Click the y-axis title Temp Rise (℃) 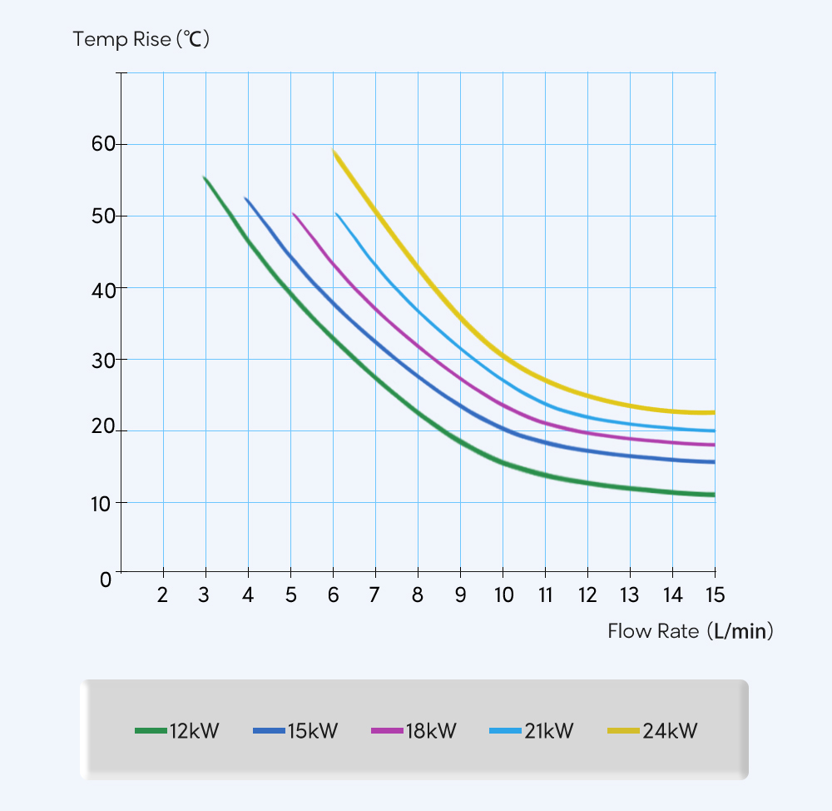(141, 39)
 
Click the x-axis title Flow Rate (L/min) (691, 631)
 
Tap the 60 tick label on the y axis (102, 144)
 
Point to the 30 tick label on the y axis (102, 360)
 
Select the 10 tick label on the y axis (102, 503)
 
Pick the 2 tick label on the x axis (163, 595)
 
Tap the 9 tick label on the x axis (460, 595)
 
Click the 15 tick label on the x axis (715, 595)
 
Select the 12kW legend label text (194, 731)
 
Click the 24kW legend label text (669, 731)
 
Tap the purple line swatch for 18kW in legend (387, 731)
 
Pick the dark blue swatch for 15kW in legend (269, 731)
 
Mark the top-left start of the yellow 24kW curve (334, 152)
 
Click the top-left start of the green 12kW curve (205, 177)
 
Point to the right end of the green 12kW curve (713, 495)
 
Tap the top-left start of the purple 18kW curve (293, 214)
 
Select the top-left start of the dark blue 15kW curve (245, 198)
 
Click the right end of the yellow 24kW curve (713, 412)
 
